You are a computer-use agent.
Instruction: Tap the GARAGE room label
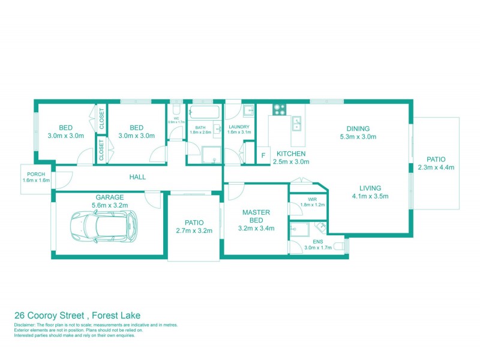pyautogui.click(x=109, y=197)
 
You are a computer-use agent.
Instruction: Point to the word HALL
pyautogui.click(x=137, y=177)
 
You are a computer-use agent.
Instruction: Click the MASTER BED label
pyautogui.click(x=256, y=216)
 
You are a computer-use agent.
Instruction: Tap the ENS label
pyautogui.click(x=309, y=241)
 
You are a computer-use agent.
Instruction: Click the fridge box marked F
pyautogui.click(x=263, y=157)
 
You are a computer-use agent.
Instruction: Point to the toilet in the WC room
pyautogui.click(x=175, y=109)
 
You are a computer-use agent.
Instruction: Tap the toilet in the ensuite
pyautogui.click(x=339, y=246)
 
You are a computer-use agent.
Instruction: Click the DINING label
pyautogui.click(x=358, y=128)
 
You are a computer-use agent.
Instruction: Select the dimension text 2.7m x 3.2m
pyautogui.click(x=194, y=230)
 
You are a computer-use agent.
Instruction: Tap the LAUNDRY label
pyautogui.click(x=239, y=127)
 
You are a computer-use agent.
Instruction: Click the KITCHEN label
pyautogui.click(x=291, y=154)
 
